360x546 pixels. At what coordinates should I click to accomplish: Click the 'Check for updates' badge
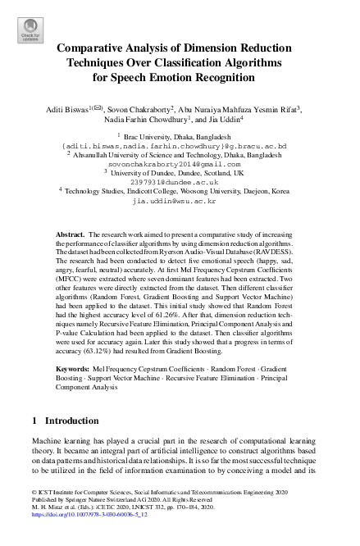pos(29,32)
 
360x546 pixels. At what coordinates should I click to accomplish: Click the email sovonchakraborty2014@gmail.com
pos(180,163)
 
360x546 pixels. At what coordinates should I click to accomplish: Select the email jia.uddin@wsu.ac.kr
pos(180,199)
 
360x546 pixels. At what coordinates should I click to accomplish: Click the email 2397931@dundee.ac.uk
pos(180,181)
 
